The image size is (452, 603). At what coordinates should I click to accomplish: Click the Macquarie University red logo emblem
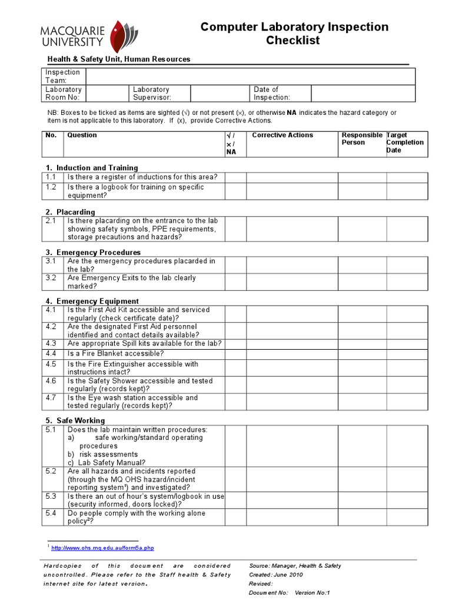[122, 37]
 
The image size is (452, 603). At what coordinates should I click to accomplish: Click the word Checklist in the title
[293, 41]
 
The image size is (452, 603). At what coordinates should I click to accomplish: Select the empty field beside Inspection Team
[250, 77]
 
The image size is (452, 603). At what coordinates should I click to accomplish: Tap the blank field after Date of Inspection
[363, 94]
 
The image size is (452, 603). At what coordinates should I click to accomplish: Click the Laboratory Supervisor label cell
[159, 94]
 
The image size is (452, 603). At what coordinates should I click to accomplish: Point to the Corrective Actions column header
[282, 135]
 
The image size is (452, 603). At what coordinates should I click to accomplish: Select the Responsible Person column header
[361, 139]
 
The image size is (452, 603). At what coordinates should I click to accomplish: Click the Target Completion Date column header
[404, 143]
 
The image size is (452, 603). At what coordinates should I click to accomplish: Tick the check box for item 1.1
[235, 177]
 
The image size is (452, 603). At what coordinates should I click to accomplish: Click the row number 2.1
[51, 221]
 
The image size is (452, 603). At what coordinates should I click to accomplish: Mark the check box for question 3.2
[235, 282]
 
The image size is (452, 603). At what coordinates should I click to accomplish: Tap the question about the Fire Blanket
[115, 354]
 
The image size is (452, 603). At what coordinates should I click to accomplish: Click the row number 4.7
[51, 398]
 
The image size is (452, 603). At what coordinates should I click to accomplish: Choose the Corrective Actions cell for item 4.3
[291, 344]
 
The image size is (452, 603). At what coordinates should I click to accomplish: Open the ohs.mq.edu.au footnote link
[103, 548]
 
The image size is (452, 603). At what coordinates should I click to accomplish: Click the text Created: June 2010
[277, 574]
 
